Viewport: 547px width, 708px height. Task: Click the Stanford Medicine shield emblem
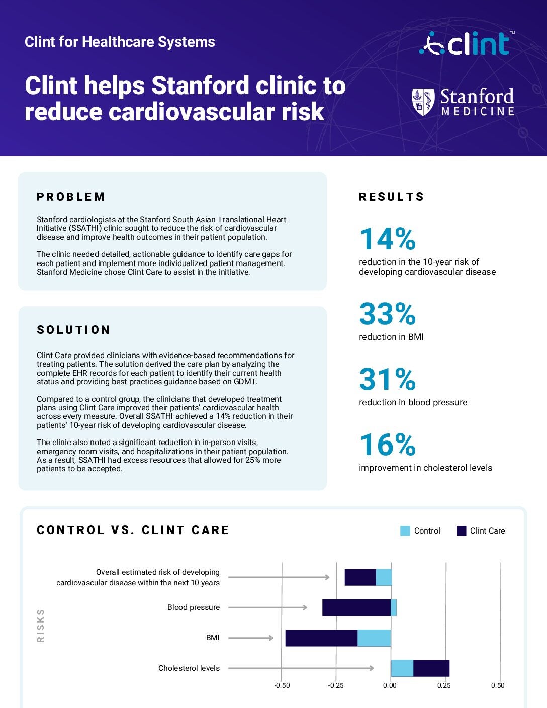pos(423,102)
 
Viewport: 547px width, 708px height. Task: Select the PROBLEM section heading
pos(71,197)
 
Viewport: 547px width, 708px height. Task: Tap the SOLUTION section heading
pos(73,330)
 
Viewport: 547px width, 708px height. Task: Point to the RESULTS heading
pos(391,197)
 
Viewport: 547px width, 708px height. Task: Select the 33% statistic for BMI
pos(387,314)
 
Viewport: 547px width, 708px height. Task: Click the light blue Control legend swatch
pos(405,531)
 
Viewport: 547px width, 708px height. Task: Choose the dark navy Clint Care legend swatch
pos(461,531)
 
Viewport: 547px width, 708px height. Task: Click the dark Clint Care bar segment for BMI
pos(321,638)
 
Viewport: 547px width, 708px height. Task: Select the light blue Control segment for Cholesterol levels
pos(402,668)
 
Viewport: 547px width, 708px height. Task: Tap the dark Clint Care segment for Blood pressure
pos(356,607)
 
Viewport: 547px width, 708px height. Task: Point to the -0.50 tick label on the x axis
pos(282,685)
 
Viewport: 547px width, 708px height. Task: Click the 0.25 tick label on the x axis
pos(443,685)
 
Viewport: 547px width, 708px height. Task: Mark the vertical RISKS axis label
pos(41,626)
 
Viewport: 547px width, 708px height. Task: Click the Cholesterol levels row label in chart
pos(189,668)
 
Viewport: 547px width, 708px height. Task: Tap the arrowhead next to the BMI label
pos(271,638)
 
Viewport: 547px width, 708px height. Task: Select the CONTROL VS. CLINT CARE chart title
pos(133,530)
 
